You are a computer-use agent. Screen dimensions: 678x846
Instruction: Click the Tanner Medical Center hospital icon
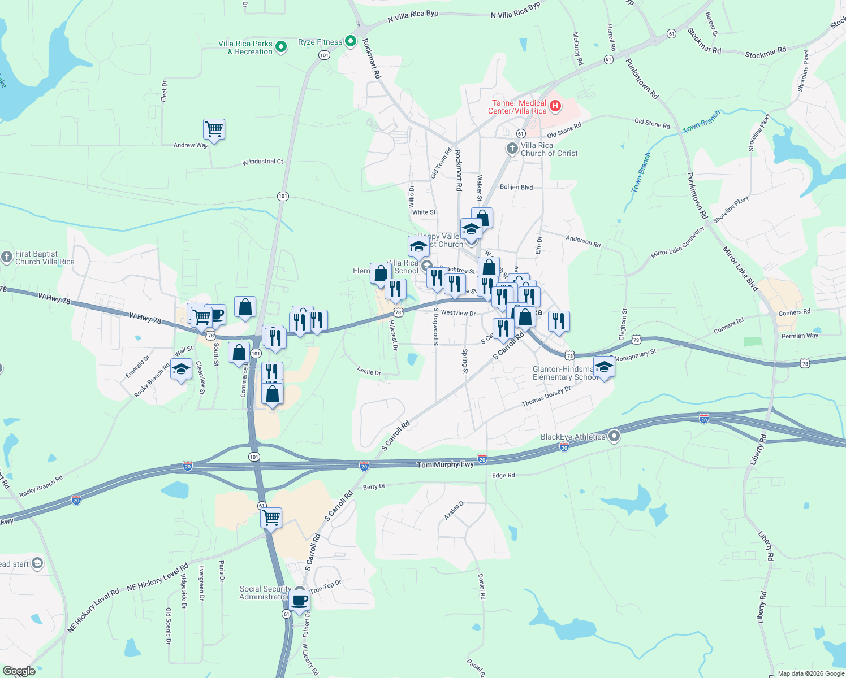555,106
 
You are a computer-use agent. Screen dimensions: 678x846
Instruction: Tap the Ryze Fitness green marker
351,41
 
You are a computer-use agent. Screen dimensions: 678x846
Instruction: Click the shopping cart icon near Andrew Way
214,129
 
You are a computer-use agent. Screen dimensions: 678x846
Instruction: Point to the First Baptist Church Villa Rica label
45,258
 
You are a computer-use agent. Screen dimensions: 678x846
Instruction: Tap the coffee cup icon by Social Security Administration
300,600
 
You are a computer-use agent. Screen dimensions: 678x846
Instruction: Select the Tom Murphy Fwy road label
445,464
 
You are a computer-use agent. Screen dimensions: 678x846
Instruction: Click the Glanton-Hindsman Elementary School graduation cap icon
604,367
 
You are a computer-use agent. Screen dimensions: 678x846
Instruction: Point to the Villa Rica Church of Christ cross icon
512,149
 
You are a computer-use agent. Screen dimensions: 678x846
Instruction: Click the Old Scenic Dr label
169,626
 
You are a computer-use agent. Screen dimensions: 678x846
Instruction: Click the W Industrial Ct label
262,162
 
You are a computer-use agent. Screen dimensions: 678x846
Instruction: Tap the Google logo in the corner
19,671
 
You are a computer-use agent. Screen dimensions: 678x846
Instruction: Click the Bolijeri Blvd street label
516,188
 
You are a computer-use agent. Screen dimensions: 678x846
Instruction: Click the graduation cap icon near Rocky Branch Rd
181,370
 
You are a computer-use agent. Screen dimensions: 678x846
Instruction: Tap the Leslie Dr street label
369,371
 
